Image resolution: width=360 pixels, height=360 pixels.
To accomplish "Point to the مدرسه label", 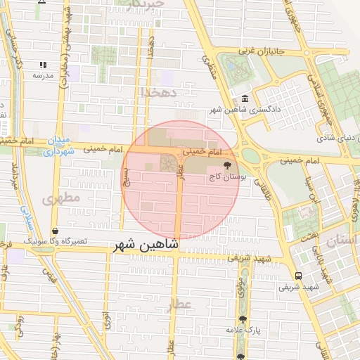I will [x=33, y=75].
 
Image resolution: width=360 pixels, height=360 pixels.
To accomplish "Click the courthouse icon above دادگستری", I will [x=244, y=98].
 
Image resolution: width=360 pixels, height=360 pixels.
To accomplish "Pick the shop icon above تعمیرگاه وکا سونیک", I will [x=55, y=230].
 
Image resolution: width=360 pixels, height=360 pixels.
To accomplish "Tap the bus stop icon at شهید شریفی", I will [x=299, y=276].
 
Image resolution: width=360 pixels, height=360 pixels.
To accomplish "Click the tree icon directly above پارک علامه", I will [x=243, y=319].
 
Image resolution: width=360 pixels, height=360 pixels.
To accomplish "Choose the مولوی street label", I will [x=239, y=290].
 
